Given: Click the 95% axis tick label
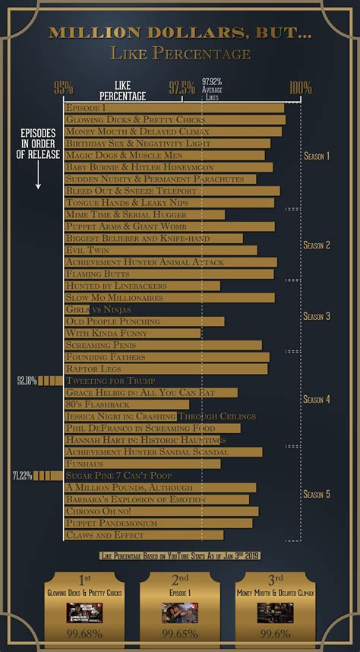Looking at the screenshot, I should (63, 87).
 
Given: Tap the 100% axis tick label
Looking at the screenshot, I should (300, 87).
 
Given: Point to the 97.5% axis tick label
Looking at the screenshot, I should (182, 87).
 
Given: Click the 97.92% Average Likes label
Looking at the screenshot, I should (212, 89).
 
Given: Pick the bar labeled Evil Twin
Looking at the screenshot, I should (160, 250).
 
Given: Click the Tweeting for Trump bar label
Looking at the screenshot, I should (111, 381).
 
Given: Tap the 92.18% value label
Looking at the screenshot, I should (27, 381).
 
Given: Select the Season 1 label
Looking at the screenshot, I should (316, 156).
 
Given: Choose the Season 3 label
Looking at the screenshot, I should (316, 316).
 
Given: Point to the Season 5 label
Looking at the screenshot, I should (316, 494).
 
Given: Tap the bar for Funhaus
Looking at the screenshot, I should (142, 464).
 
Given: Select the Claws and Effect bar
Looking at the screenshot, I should (144, 535).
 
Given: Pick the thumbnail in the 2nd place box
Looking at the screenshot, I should (180, 612).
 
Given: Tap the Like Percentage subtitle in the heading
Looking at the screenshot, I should (180, 53).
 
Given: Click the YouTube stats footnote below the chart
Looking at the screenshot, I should (180, 555).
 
